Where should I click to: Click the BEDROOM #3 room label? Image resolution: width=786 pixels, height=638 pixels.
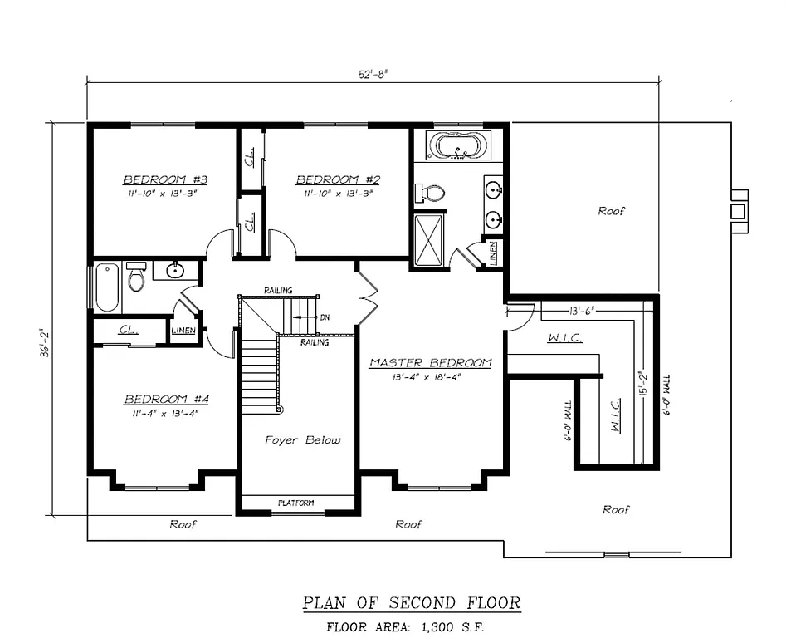click(164, 179)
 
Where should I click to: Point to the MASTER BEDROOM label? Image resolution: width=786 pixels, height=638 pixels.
click(430, 363)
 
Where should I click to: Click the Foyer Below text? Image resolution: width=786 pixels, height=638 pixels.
click(302, 439)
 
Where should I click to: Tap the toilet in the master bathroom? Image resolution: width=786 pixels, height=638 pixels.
click(432, 193)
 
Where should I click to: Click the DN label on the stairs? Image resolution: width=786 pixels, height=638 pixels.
click(325, 317)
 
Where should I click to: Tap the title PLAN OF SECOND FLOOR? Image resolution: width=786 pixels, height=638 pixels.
click(411, 602)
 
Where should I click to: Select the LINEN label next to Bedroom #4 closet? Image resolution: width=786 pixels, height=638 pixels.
click(183, 331)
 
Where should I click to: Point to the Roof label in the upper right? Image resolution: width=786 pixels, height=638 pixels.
click(612, 211)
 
